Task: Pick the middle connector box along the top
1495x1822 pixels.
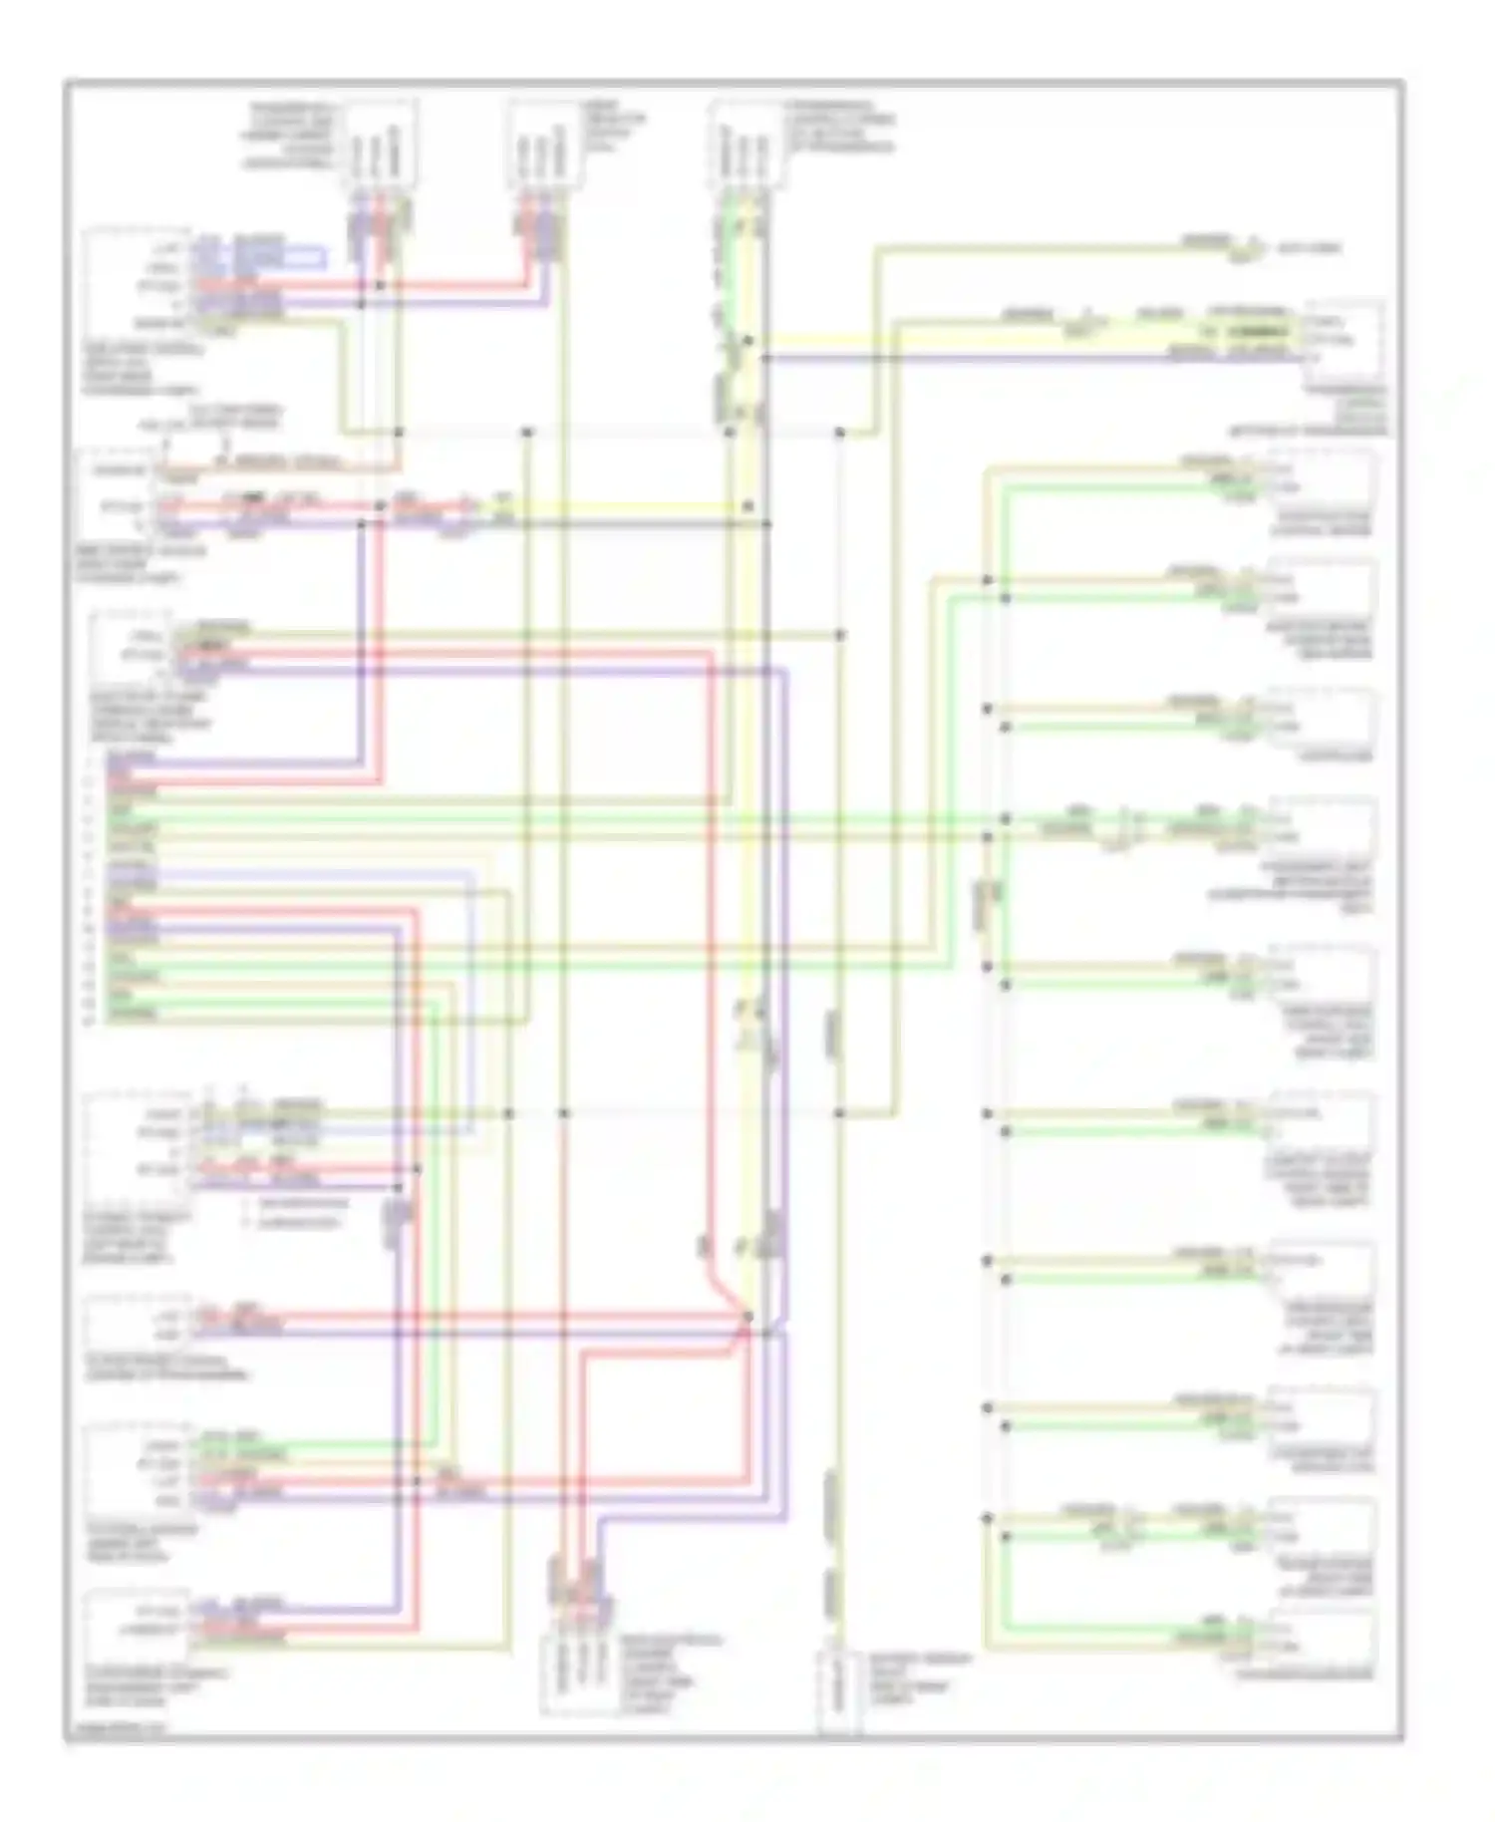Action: coord(546,146)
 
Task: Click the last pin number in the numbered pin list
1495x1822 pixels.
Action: coord(90,1020)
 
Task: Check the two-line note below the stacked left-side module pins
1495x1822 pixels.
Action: coord(299,1214)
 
